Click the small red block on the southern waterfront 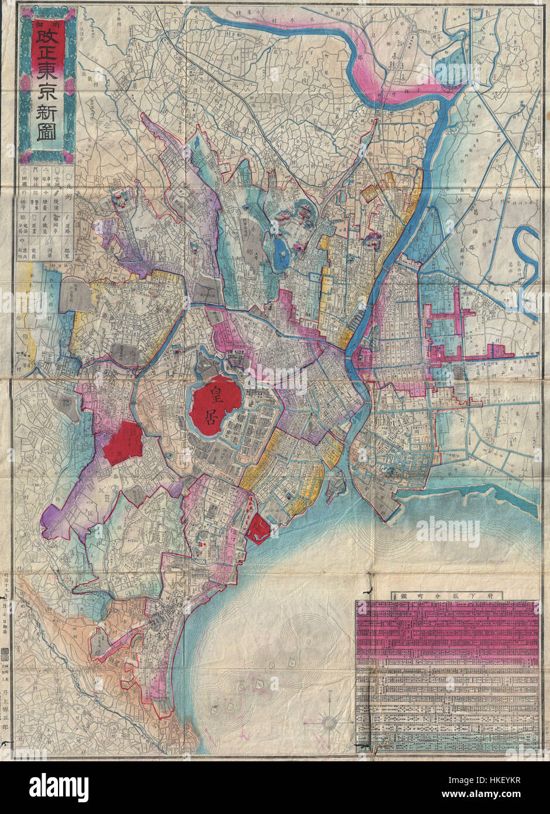(258, 526)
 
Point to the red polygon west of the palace (124, 444)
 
